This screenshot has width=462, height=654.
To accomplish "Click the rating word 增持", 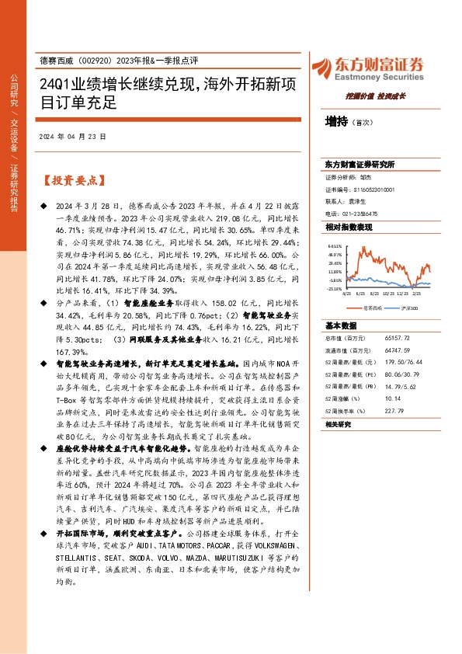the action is (336, 121).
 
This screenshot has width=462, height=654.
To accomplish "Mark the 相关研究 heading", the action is (339, 424).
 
